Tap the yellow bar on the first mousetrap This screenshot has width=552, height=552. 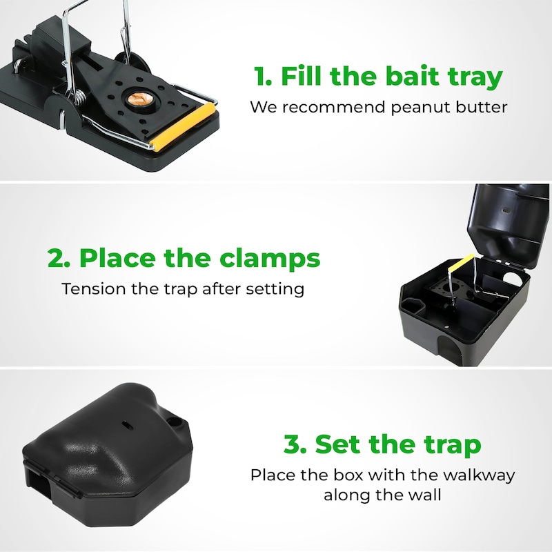point(183,127)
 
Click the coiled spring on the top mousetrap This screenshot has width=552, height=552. point(80,97)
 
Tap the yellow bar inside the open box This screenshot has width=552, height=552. point(461,263)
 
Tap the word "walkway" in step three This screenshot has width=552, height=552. point(479,475)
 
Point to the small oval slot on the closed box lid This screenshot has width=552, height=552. point(126,425)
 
